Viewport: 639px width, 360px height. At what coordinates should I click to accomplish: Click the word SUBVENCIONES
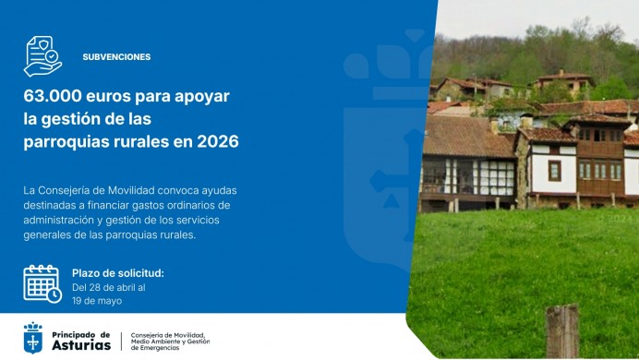point(116,56)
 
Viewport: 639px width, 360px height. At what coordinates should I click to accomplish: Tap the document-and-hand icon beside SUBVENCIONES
point(42,55)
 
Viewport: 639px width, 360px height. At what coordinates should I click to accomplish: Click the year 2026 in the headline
point(219,142)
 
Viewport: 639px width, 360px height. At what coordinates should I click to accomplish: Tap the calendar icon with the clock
point(42,283)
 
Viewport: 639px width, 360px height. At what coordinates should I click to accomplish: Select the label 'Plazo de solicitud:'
point(117,273)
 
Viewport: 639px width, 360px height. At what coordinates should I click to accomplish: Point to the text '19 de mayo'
point(96,301)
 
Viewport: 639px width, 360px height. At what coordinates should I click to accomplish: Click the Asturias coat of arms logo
point(33,339)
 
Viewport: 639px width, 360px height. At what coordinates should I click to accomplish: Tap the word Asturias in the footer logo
point(81,344)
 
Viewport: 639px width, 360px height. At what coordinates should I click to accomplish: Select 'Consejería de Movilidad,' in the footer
point(168,334)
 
